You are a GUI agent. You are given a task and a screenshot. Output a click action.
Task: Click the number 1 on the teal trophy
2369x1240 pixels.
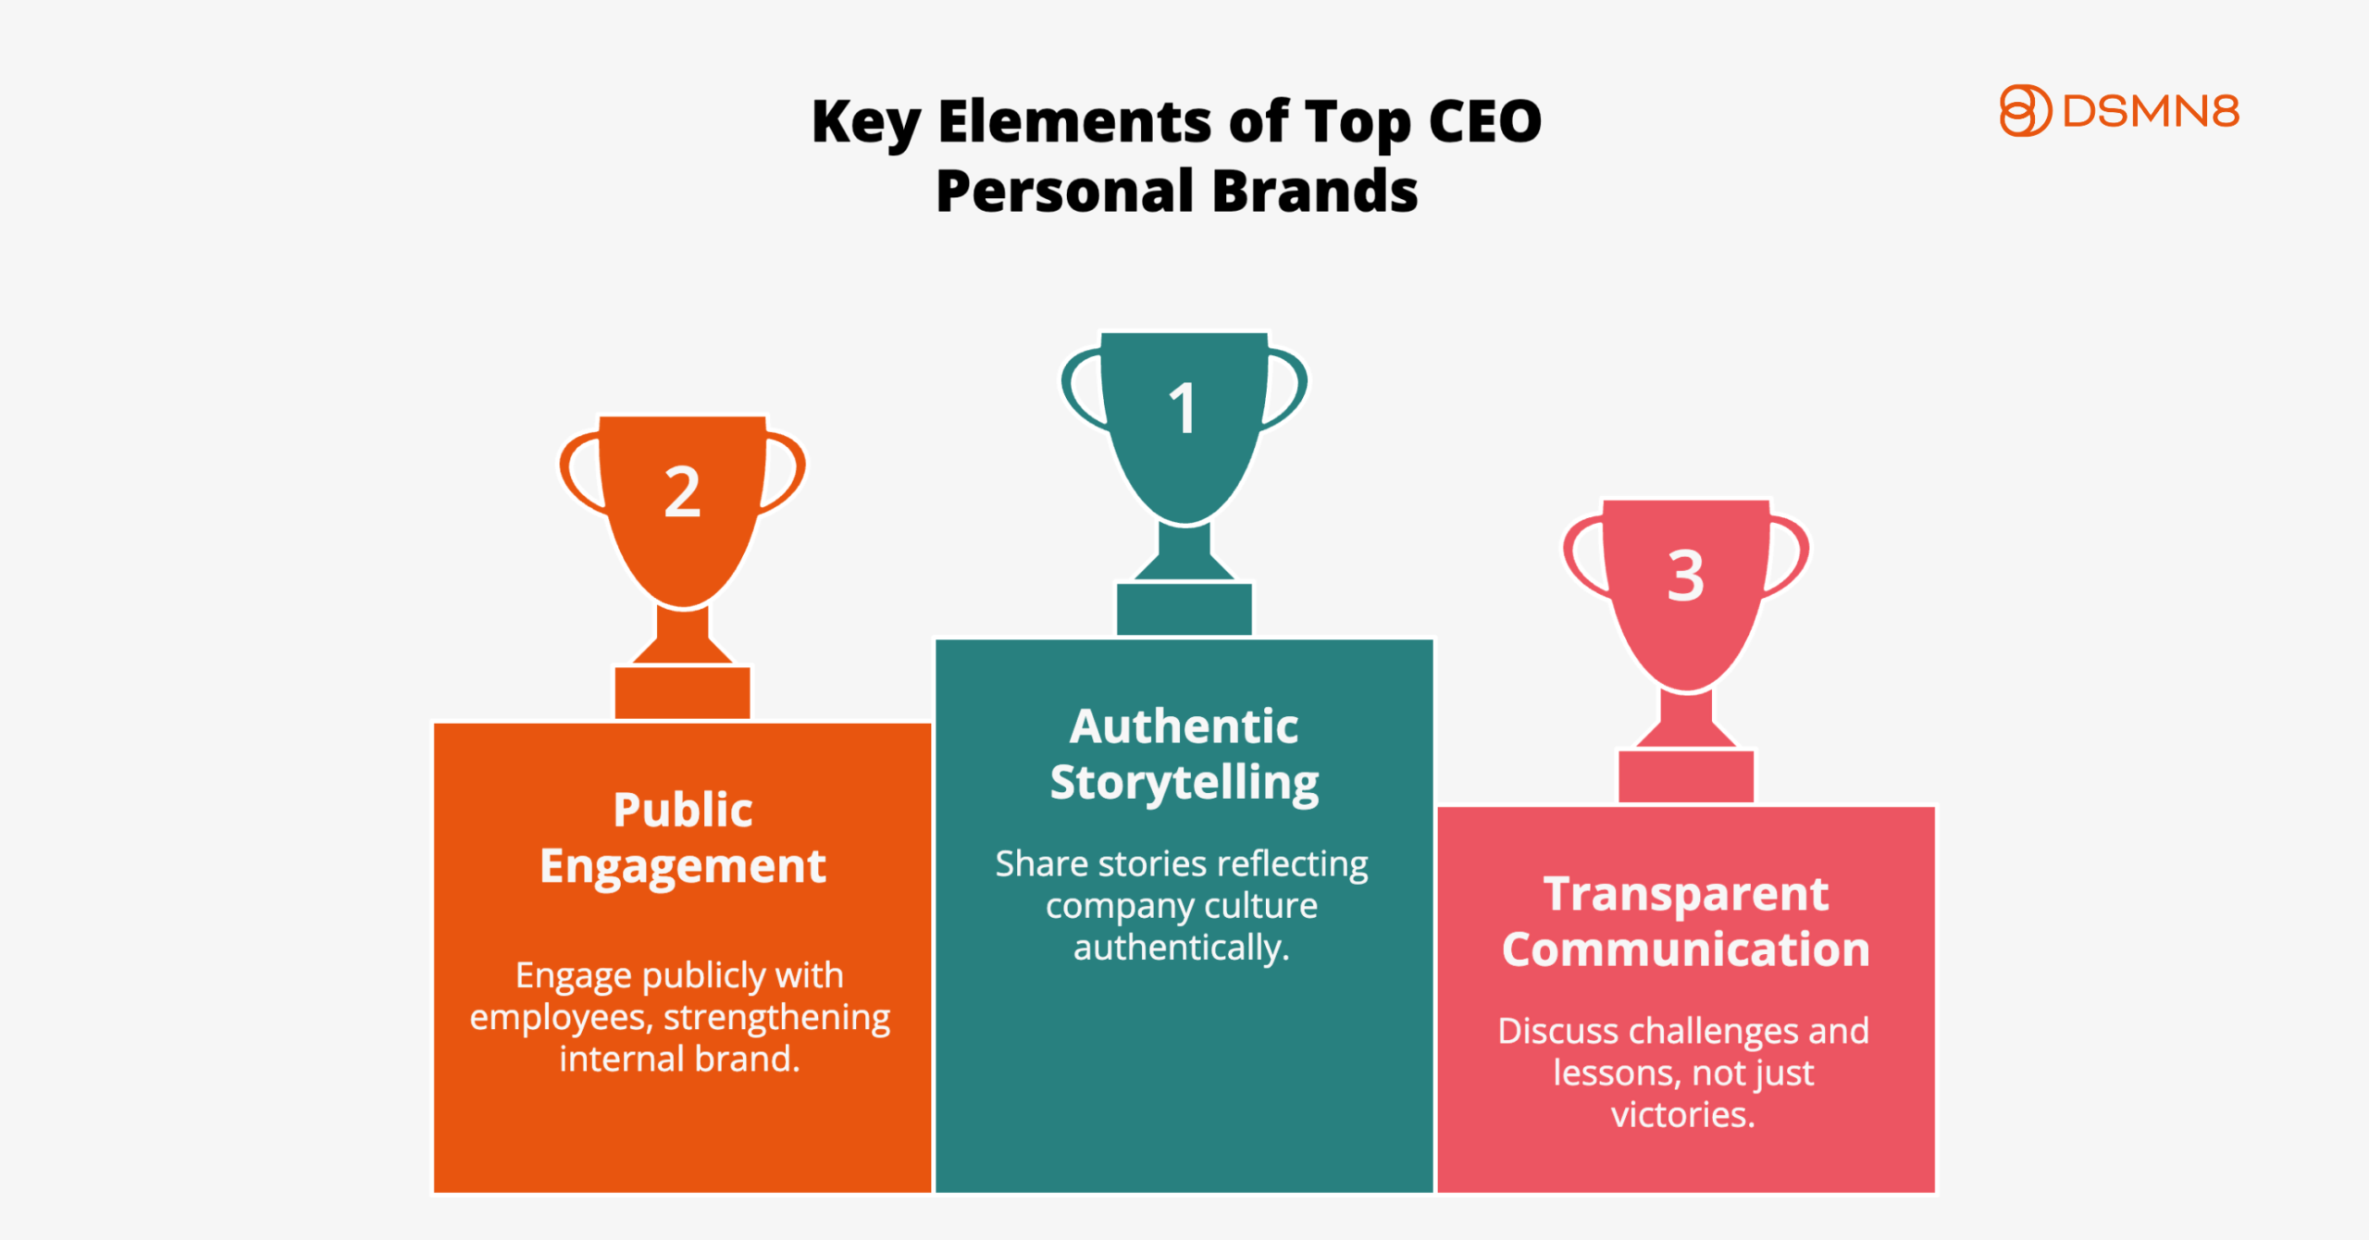click(1183, 408)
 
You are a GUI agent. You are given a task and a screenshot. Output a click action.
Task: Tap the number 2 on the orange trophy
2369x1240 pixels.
click(683, 491)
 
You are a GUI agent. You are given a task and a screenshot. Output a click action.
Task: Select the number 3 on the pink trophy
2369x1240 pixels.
click(1685, 576)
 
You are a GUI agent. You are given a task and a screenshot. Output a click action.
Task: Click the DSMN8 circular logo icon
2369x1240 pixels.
click(2025, 111)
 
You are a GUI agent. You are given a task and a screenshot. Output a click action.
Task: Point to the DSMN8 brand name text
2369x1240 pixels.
click(2151, 111)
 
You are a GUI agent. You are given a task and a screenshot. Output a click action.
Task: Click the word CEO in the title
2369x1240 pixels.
click(1485, 121)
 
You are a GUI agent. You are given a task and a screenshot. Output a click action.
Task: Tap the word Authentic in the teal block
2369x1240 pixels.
click(1184, 726)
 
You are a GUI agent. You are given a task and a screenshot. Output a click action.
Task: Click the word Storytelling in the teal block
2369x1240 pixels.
click(1184, 784)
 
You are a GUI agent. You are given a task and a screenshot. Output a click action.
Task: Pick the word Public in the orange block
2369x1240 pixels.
click(683, 810)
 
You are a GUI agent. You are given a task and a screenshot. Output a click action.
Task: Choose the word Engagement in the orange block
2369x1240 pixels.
click(683, 868)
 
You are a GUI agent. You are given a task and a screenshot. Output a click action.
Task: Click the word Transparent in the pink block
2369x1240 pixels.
click(1686, 894)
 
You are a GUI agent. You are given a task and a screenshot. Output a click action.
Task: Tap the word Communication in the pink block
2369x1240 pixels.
click(1686, 949)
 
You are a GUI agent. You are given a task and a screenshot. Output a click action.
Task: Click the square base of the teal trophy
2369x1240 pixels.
click(1184, 609)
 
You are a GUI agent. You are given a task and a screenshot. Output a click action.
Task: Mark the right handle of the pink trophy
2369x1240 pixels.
click(1787, 555)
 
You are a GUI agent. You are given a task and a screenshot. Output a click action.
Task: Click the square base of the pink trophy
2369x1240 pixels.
click(1685, 776)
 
